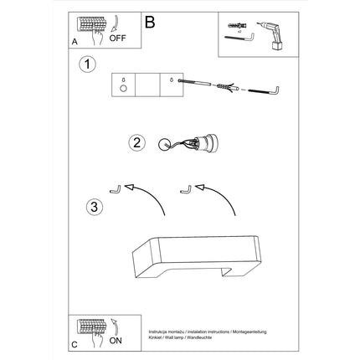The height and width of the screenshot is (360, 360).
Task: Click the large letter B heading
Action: (150, 23)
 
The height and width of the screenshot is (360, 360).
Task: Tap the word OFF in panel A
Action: (118, 38)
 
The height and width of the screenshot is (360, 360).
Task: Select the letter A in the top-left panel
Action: (75, 40)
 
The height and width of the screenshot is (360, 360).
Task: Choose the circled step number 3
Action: (96, 206)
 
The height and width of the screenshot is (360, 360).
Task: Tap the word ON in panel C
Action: (116, 340)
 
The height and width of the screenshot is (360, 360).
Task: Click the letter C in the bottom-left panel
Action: (75, 343)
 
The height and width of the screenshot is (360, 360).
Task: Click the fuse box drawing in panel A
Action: (89, 24)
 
